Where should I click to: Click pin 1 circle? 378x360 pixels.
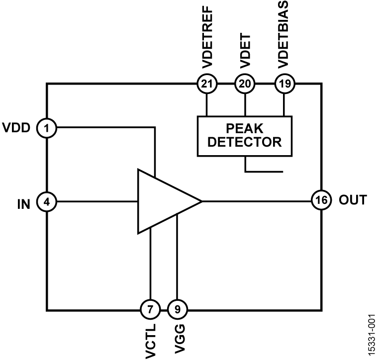pos(47,128)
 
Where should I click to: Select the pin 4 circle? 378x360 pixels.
pos(47,201)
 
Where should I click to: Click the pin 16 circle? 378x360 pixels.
pos(321,201)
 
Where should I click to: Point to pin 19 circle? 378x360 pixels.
pos(284,84)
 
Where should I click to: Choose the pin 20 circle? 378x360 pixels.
pos(244,84)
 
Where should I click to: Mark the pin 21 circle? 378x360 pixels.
pos(205,84)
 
